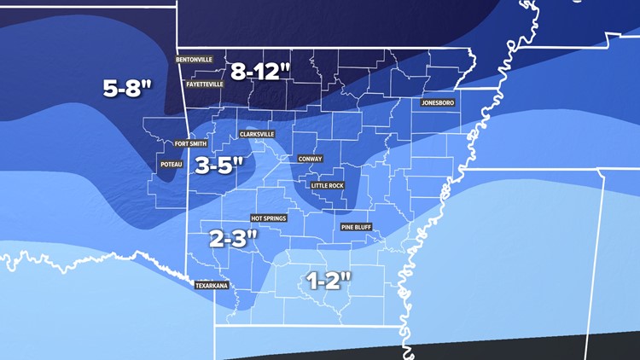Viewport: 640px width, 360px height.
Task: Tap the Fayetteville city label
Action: pos(200,84)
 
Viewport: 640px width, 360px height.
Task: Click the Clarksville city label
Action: pos(257,134)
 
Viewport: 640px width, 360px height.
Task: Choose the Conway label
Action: pos(310,159)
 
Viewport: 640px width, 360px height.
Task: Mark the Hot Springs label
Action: pos(268,218)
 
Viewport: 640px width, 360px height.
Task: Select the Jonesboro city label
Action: pos(438,103)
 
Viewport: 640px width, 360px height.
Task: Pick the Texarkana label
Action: pos(212,286)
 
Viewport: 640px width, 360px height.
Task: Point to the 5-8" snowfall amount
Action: pos(127,88)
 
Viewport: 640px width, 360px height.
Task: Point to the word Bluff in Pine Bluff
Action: pos(366,227)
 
